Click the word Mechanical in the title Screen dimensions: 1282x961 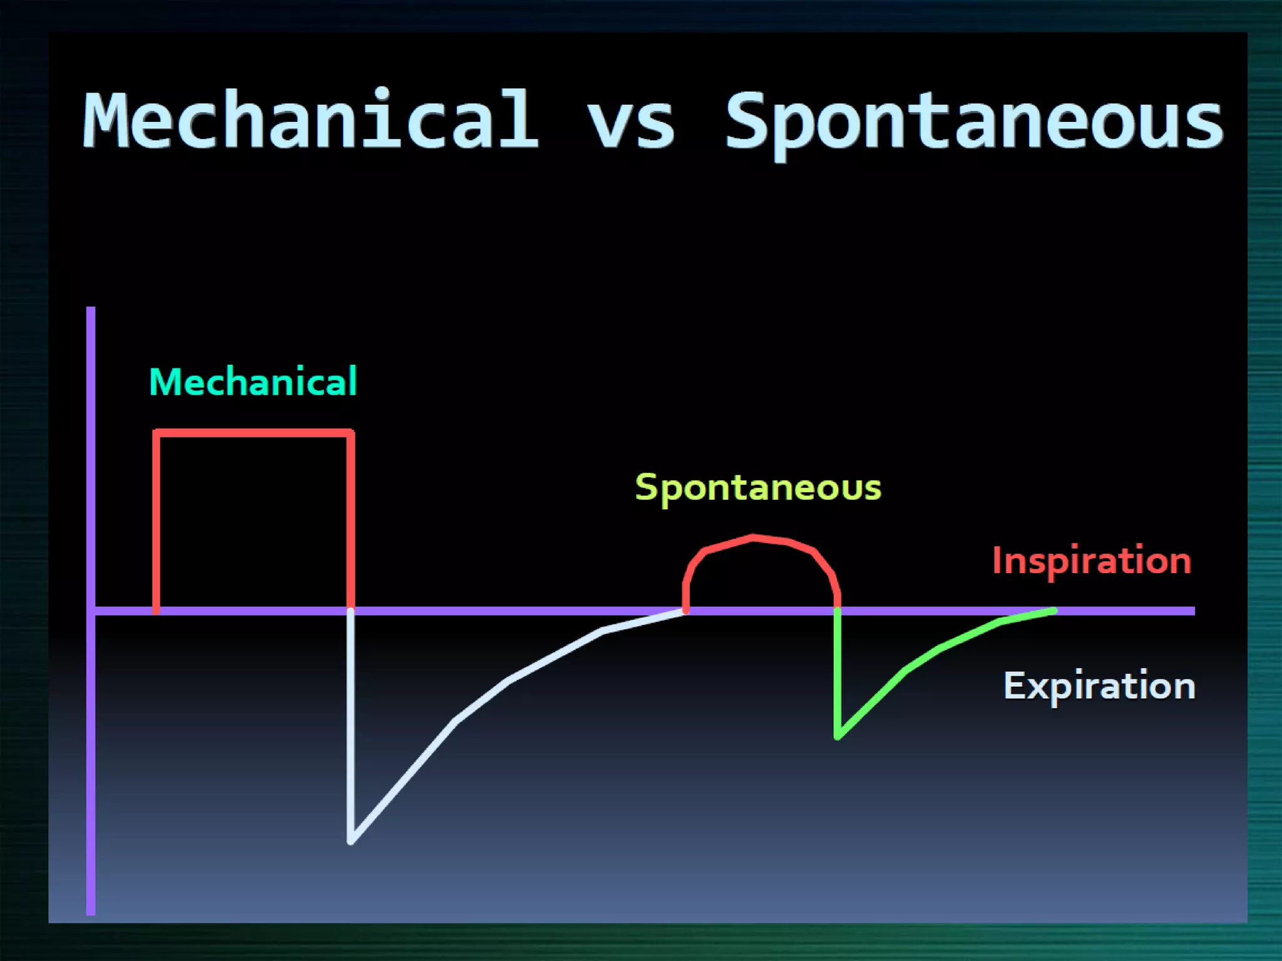pos(310,120)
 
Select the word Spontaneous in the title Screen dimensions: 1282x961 pos(973,122)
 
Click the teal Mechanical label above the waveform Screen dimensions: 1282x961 pos(253,382)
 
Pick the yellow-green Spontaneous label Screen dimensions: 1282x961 pos(758,487)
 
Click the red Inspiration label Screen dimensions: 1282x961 pos(1092,560)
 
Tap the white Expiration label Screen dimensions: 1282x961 pos(1099,686)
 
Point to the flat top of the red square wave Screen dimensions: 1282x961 pos(253,433)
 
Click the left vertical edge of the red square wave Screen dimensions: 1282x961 pos(156,519)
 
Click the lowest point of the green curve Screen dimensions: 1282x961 pos(838,736)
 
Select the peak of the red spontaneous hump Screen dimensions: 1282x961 pos(753,537)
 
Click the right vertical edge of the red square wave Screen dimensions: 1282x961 pos(351,519)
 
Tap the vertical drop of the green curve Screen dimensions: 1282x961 pos(838,673)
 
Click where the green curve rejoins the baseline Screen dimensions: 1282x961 pos(1055,611)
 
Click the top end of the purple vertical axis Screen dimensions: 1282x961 pos(91,310)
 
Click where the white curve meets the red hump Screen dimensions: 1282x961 pos(685,611)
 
